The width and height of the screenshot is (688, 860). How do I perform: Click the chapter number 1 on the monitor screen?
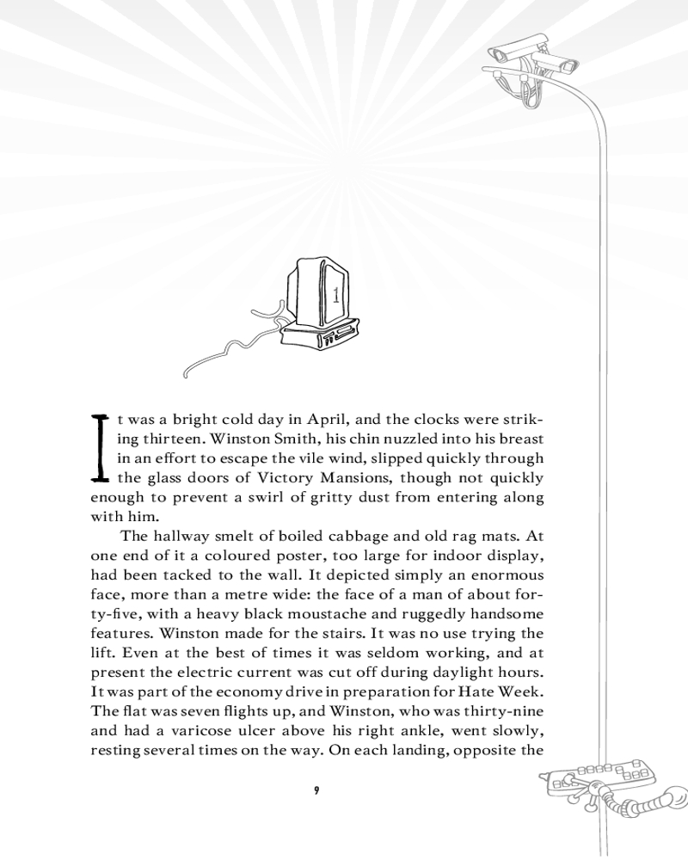[335, 294]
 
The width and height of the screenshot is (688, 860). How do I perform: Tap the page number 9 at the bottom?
[317, 790]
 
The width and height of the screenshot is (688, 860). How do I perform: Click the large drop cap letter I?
[101, 447]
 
